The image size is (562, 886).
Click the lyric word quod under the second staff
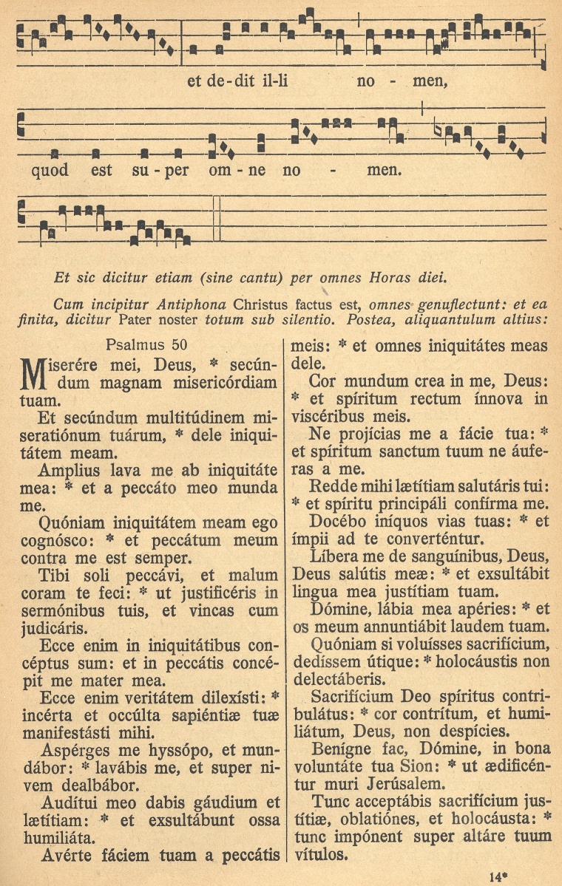click(50, 171)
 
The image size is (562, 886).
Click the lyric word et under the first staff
click(195, 81)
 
